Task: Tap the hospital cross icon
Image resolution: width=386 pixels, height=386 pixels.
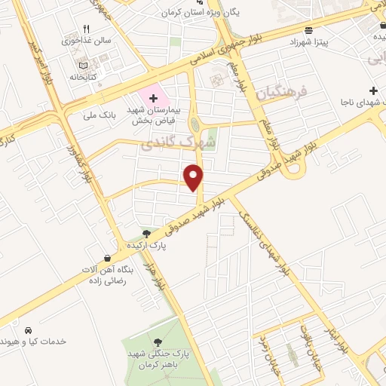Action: [154, 97]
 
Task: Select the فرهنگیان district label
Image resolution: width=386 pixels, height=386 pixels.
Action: [283, 94]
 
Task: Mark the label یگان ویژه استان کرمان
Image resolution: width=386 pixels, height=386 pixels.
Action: [198, 13]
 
